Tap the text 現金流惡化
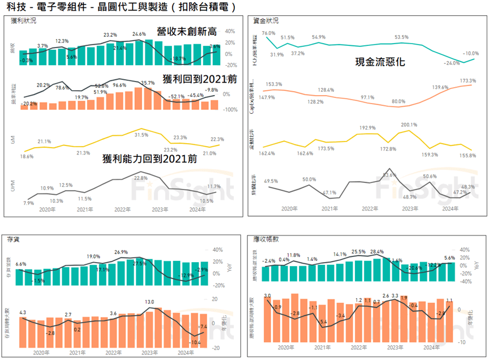tap(380, 62)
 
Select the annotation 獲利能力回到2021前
tap(150, 159)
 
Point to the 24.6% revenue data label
tap(139, 34)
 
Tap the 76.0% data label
tap(268, 34)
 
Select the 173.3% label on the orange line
tap(468, 81)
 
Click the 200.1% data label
tap(409, 125)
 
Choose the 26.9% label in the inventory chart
tap(121, 252)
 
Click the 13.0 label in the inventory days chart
tap(150, 302)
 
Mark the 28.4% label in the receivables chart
tap(376, 252)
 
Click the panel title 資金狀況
tap(266, 21)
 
